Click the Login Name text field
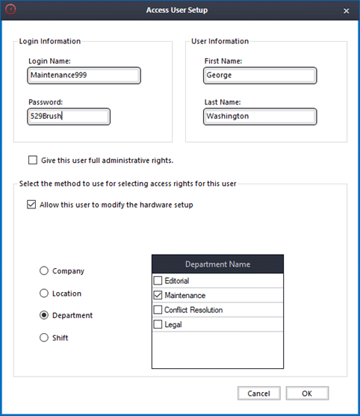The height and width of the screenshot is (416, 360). pyautogui.click(x=83, y=75)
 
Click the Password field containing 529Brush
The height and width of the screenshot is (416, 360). pyautogui.click(x=68, y=117)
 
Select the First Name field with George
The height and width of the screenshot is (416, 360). pyautogui.click(x=259, y=75)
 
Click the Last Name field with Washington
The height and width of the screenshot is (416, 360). pyautogui.click(x=259, y=117)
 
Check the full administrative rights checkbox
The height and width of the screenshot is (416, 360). pyautogui.click(x=32, y=160)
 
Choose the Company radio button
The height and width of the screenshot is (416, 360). pyautogui.click(x=45, y=271)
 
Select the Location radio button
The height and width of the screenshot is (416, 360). pyautogui.click(x=45, y=294)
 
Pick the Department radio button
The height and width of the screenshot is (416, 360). pyautogui.click(x=45, y=315)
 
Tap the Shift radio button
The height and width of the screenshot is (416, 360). pyautogui.click(x=45, y=338)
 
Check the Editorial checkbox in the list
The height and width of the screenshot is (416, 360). pyautogui.click(x=158, y=281)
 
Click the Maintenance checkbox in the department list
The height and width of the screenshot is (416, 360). pyautogui.click(x=158, y=296)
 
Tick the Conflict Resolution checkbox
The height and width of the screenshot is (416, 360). pyautogui.click(x=158, y=310)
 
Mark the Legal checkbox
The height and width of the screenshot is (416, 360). pyautogui.click(x=158, y=324)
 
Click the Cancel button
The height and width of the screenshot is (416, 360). pyautogui.click(x=258, y=394)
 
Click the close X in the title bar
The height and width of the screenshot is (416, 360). pyautogui.click(x=346, y=10)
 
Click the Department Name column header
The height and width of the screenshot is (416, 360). pyautogui.click(x=217, y=264)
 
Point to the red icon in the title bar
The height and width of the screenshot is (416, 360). pyautogui.click(x=10, y=10)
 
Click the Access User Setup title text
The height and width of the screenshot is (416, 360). pyautogui.click(x=179, y=10)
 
